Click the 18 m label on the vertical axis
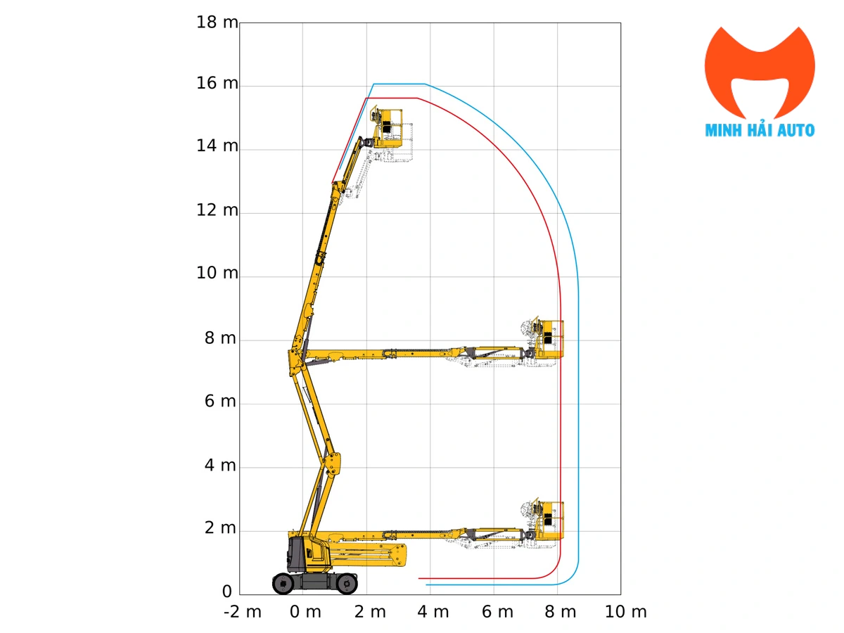pyautogui.click(x=217, y=22)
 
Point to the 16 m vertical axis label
pyautogui.click(x=217, y=83)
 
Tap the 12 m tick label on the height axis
pyautogui.click(x=217, y=210)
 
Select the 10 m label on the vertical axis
pyautogui.click(x=217, y=273)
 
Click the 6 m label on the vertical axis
pyautogui.click(x=220, y=401)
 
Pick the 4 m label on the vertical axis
pyautogui.click(x=220, y=466)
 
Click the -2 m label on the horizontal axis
pyautogui.click(x=243, y=612)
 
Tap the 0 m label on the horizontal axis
pyautogui.click(x=305, y=612)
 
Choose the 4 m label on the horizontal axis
pyautogui.click(x=433, y=612)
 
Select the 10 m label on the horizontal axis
pyautogui.click(x=626, y=612)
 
